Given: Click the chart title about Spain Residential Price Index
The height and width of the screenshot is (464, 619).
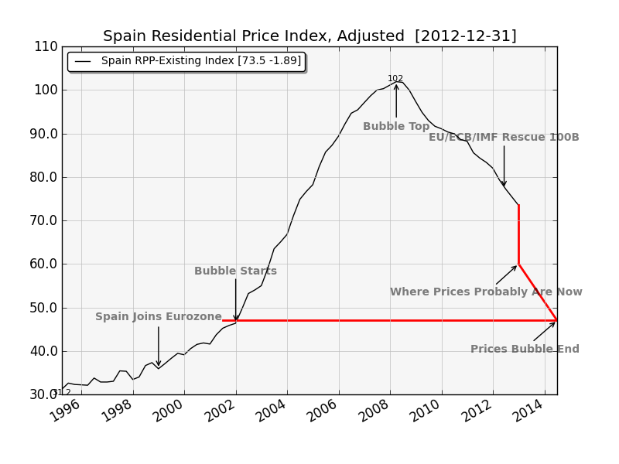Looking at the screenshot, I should (309, 36).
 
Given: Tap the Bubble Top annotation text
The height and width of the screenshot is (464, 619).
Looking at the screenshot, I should (396, 127).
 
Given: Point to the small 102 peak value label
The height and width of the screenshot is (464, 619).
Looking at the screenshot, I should (395, 79).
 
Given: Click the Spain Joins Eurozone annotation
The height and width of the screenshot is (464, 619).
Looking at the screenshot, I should (159, 317).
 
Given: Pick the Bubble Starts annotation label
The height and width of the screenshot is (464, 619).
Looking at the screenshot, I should (235, 271).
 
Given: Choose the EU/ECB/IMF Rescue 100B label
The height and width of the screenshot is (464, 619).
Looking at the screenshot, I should (504, 138).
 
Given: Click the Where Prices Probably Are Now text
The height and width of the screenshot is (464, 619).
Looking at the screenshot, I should (486, 292).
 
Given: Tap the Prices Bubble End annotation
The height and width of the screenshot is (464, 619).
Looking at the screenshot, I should (525, 350).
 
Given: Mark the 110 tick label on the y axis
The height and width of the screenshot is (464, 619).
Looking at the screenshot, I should (46, 46).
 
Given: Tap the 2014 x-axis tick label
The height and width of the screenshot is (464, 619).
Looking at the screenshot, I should (527, 412).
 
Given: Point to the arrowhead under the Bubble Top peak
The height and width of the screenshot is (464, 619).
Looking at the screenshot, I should (396, 87).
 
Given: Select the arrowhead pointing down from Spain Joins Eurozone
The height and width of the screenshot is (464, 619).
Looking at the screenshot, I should (159, 363).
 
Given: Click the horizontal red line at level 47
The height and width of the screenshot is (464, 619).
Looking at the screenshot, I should (387, 320).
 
